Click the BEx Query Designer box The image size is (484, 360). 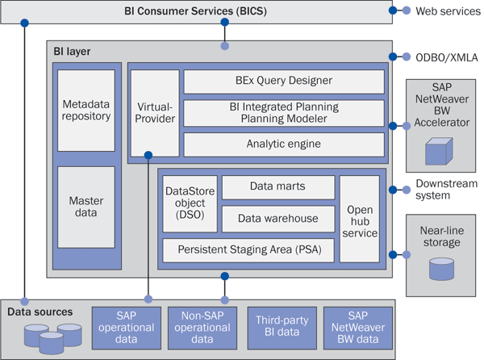point(284,82)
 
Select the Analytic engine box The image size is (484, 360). point(284,144)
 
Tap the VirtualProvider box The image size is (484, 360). point(155,113)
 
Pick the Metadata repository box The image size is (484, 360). point(86,111)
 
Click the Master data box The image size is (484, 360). point(86,207)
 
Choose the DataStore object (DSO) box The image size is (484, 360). point(190,203)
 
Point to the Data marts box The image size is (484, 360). point(278,187)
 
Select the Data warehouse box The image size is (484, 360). point(278,219)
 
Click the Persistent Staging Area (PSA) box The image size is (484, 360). point(248,250)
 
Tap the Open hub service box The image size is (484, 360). point(360,219)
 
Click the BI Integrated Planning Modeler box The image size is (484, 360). point(284,113)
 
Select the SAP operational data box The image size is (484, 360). point(127,328)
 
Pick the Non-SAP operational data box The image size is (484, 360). point(202,328)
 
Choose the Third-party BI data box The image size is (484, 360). point(282,328)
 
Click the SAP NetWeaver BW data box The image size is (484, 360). point(357,328)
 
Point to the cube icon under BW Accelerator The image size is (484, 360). point(439,151)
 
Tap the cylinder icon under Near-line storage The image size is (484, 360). point(441,269)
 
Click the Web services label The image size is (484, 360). point(448,11)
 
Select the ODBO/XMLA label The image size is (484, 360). point(447,57)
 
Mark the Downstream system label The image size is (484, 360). point(446,189)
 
